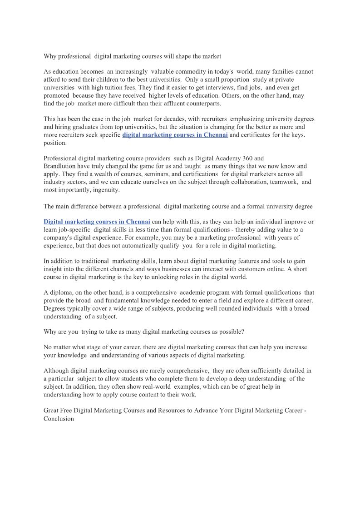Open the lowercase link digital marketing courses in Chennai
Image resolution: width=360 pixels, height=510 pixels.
click(x=175, y=135)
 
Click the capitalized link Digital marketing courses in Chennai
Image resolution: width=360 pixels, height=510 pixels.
click(x=97, y=222)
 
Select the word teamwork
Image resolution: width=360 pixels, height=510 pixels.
click(x=283, y=183)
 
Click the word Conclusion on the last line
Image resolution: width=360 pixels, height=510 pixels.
click(x=59, y=419)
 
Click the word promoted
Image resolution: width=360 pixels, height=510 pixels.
click(x=57, y=96)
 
